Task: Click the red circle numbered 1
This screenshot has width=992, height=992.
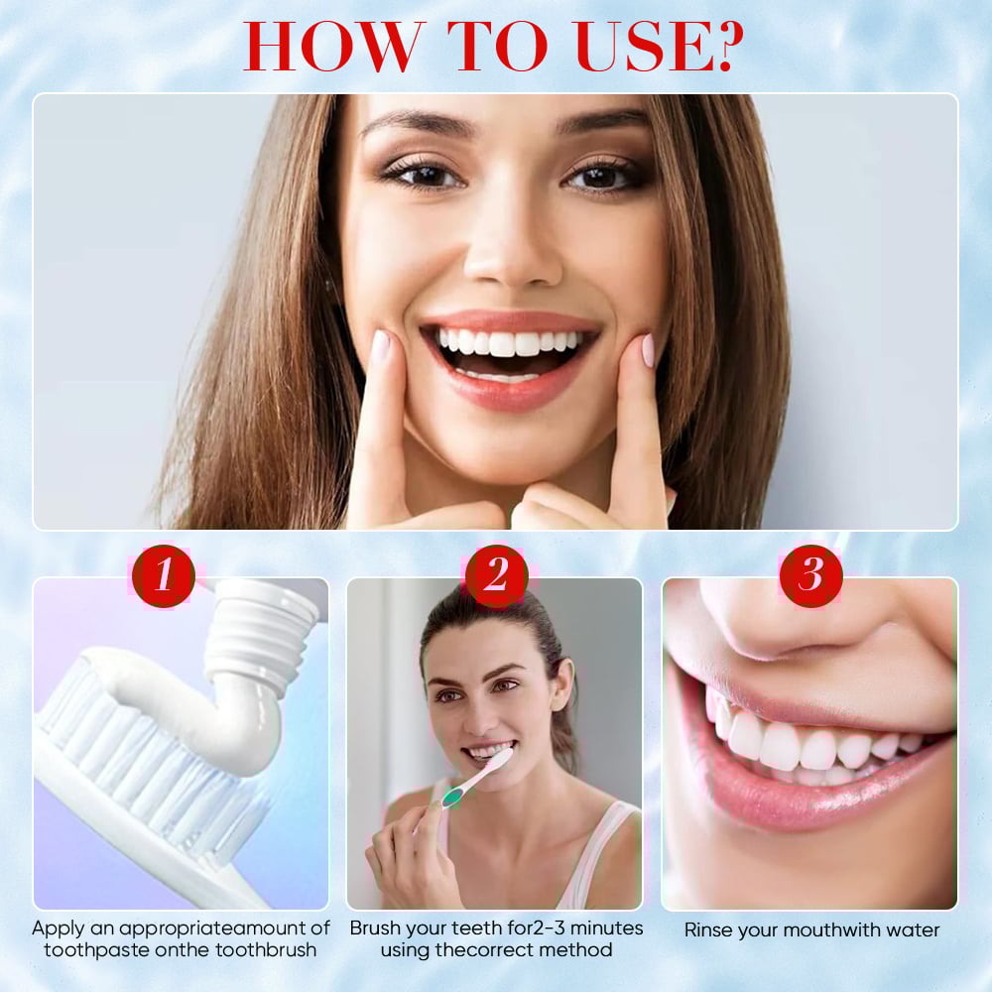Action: tap(164, 575)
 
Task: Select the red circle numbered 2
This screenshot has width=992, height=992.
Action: tap(497, 575)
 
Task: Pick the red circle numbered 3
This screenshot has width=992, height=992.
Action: tap(811, 575)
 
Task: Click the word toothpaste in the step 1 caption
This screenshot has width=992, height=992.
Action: tap(97, 950)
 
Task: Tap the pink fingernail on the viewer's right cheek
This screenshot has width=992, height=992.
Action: tap(647, 350)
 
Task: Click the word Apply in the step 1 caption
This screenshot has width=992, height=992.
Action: tap(58, 929)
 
